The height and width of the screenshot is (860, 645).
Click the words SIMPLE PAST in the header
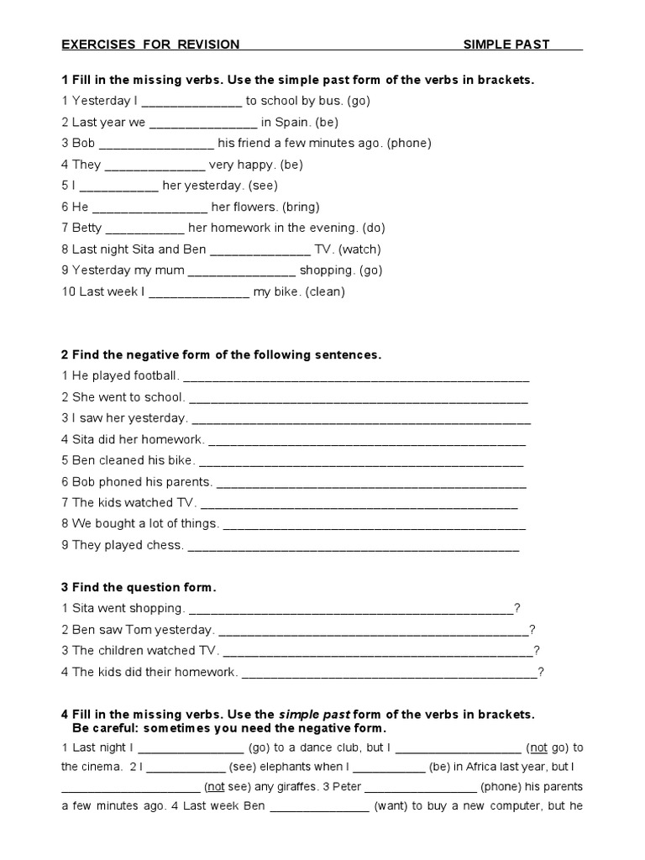[506, 45]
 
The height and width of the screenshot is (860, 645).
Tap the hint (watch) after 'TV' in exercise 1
[359, 249]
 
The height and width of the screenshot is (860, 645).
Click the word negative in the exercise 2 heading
[157, 355]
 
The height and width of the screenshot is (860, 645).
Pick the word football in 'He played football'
[155, 376]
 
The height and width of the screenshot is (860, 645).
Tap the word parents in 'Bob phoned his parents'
[189, 482]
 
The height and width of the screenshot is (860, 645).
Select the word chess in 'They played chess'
[166, 545]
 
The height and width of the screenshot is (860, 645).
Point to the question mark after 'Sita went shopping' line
[517, 608]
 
